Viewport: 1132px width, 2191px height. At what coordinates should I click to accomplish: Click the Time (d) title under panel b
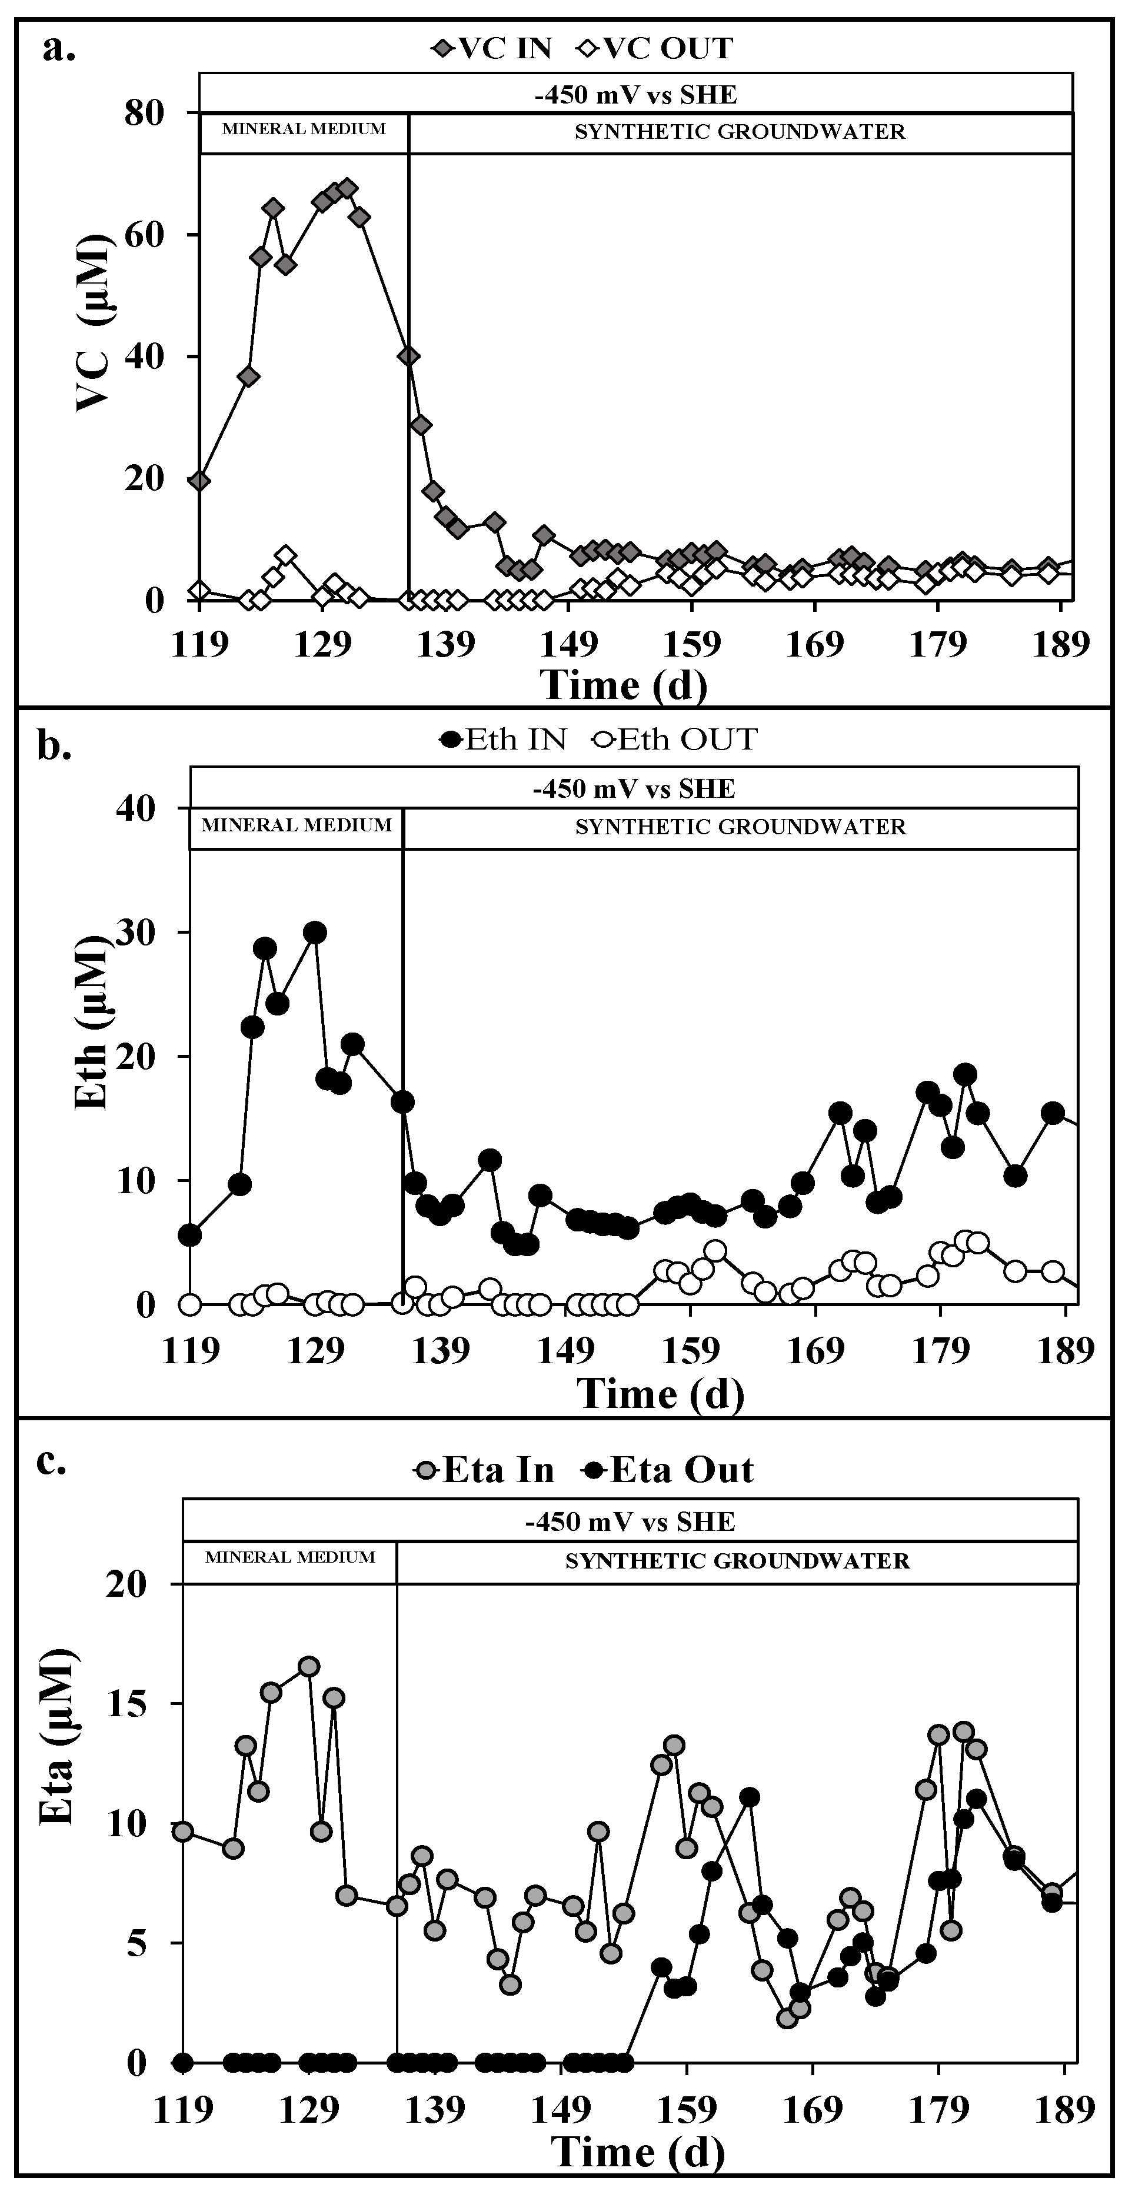(x=660, y=1393)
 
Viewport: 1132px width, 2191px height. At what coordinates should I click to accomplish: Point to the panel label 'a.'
(x=59, y=49)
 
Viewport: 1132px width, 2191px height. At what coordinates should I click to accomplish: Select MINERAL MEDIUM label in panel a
(x=304, y=129)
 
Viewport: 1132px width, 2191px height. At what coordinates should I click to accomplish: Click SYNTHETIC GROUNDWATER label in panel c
(x=737, y=1561)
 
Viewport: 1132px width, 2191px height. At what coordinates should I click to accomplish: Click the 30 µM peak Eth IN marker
(x=315, y=932)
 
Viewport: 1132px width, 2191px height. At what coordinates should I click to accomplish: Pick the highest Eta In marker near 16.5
(x=309, y=1666)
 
